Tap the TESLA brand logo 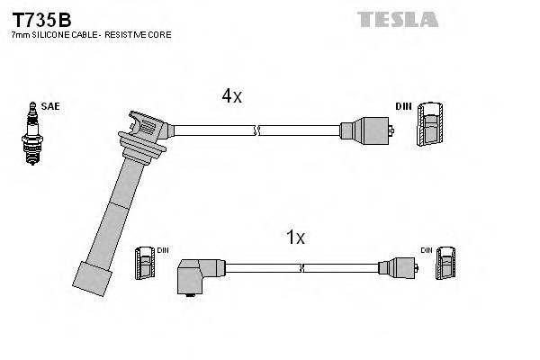coord(397,18)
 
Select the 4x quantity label coord(231,96)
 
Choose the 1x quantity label coord(295,238)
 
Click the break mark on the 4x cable coord(258,131)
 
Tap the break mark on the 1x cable coord(303,267)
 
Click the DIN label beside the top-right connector coord(402,106)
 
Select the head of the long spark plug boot coord(144,130)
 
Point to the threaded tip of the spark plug coord(33,157)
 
